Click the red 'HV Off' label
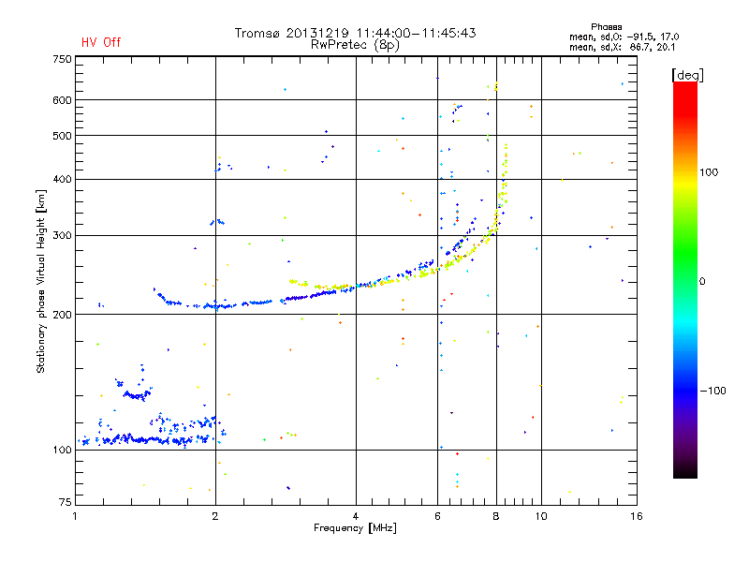101,42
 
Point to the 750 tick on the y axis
62,59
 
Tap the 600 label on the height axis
62,100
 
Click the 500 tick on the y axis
62,136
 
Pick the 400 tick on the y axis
62,179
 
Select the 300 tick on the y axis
62,236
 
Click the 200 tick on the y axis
62,315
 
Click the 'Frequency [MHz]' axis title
356,529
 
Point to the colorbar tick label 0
703,281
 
